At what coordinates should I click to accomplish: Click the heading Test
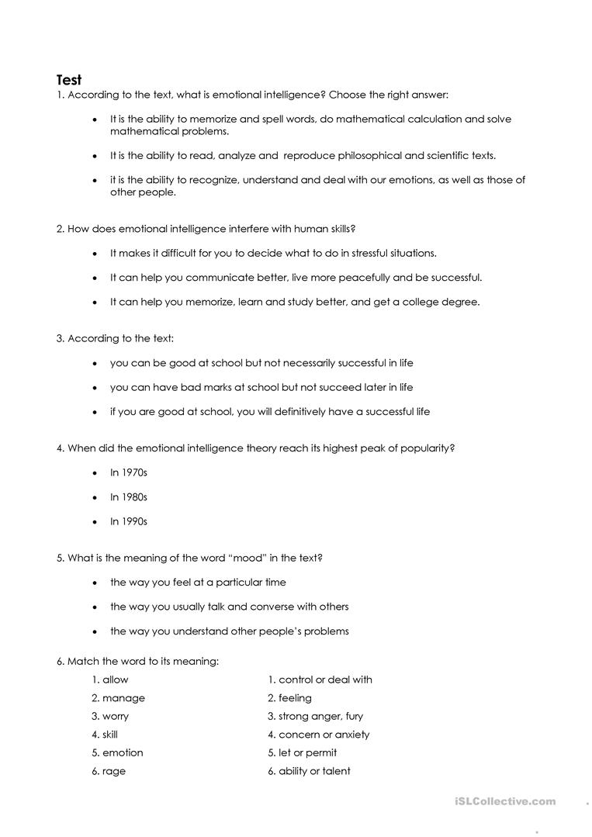[69, 79]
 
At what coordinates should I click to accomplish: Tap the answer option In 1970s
[128, 472]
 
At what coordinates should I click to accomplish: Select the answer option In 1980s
[128, 497]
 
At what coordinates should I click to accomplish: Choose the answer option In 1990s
[128, 521]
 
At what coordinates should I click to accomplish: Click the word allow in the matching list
[110, 680]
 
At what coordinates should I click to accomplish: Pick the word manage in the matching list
[118, 698]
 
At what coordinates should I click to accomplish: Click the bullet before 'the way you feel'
[95, 583]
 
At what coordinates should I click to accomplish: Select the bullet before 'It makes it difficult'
[95, 254]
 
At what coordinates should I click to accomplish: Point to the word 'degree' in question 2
[460, 302]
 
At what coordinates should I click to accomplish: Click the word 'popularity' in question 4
[425, 448]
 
